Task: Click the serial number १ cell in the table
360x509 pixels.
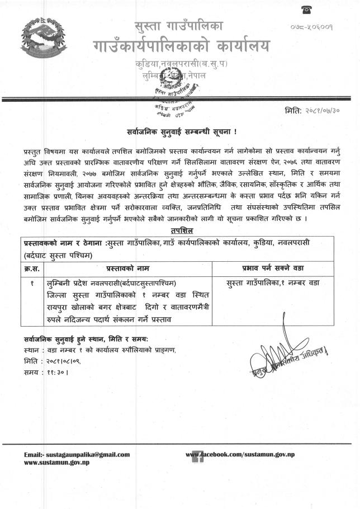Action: (x=32, y=283)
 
